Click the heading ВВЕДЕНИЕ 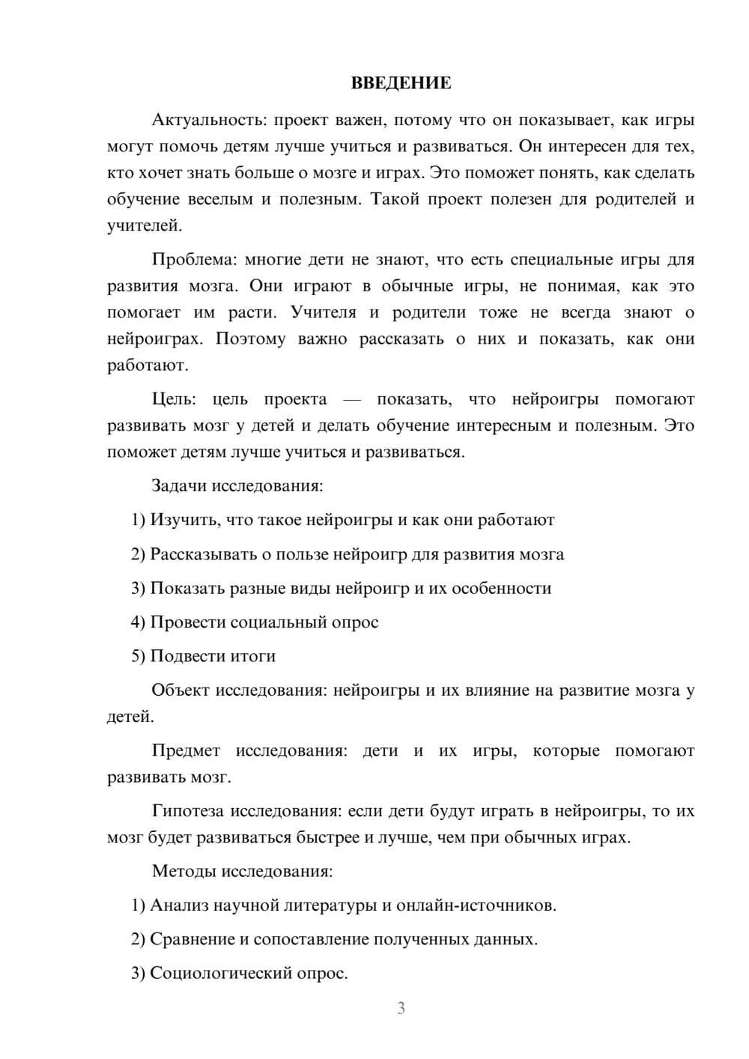coord(401,83)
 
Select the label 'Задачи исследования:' coord(237,485)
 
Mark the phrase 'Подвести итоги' coord(213,656)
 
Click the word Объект coord(181,690)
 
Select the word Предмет coord(186,750)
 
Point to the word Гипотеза coord(188,811)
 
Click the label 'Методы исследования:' coord(242,871)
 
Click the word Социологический coord(222,973)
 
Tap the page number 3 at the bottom coord(401,1008)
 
